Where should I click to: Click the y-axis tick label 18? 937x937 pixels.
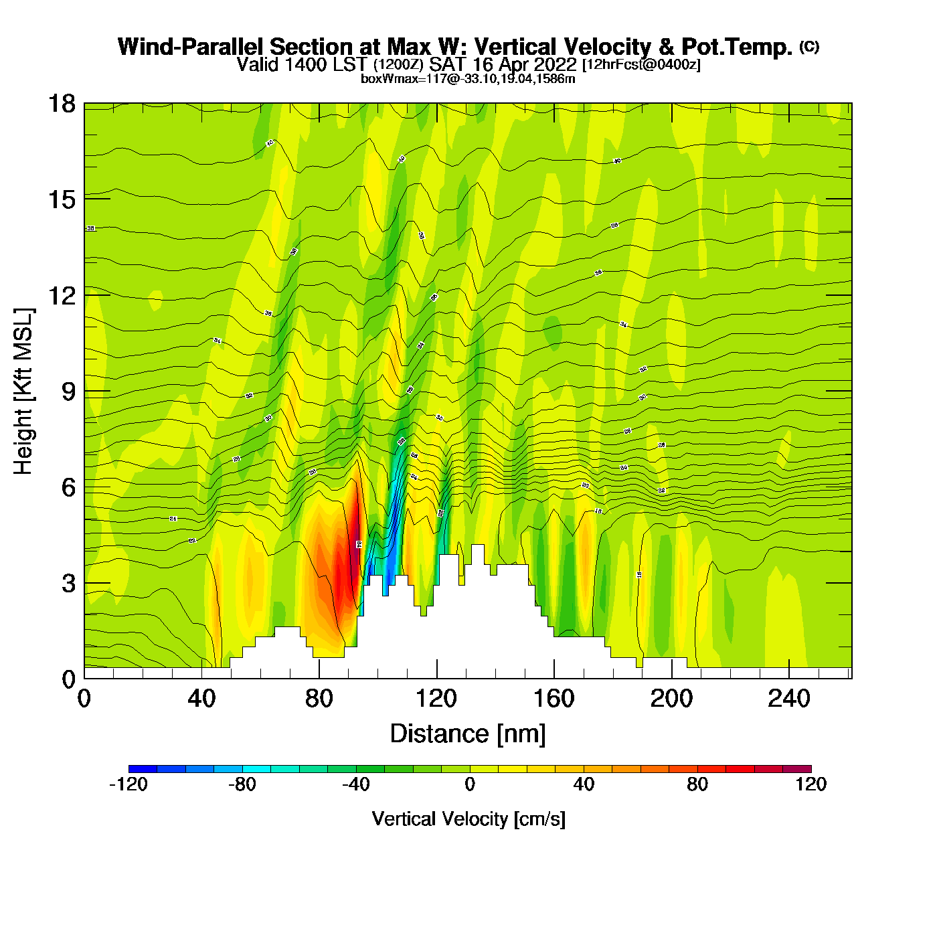(61, 104)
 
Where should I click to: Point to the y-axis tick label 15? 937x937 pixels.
(61, 199)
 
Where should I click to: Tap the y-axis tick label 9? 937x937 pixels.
(68, 392)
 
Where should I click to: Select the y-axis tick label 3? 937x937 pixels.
(68, 584)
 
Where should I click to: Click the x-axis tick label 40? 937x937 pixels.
(201, 699)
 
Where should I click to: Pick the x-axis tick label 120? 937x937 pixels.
(436, 699)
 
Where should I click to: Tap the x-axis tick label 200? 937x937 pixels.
(671, 699)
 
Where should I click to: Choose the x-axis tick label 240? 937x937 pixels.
(789, 699)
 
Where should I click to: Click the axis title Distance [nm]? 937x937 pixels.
(468, 734)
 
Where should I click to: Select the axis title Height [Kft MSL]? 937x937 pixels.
(23, 392)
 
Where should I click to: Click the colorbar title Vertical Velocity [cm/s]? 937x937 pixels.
(468, 819)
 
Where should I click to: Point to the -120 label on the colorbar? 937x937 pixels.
(128, 784)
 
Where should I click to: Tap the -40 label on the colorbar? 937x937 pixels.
(355, 784)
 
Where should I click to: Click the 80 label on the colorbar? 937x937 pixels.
(697, 784)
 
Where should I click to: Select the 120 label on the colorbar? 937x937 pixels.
(811, 784)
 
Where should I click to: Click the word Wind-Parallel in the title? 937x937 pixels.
(191, 47)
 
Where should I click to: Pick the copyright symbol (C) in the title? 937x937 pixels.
(809, 46)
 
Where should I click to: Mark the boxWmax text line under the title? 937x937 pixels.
(468, 79)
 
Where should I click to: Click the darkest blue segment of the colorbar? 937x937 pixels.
(143, 769)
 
